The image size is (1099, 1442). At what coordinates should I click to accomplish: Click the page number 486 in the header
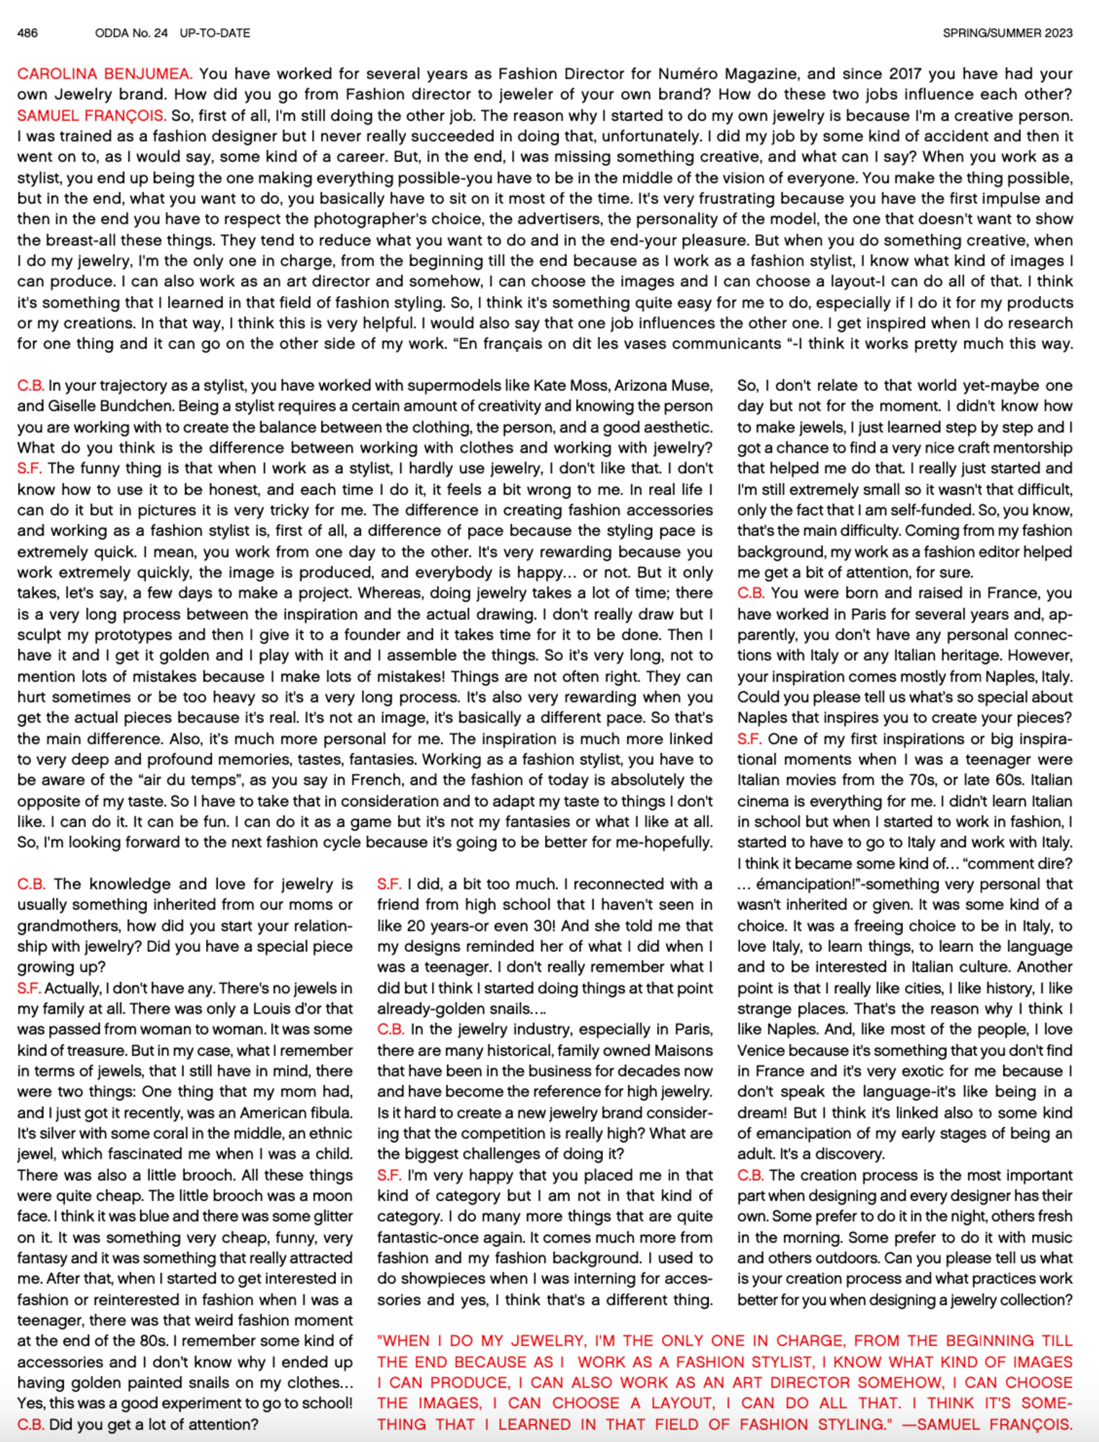click(27, 33)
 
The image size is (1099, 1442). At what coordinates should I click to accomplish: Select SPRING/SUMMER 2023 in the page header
click(1007, 33)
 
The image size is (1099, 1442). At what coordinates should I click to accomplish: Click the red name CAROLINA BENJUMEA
click(104, 74)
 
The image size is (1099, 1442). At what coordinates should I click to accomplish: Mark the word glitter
click(328, 1216)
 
